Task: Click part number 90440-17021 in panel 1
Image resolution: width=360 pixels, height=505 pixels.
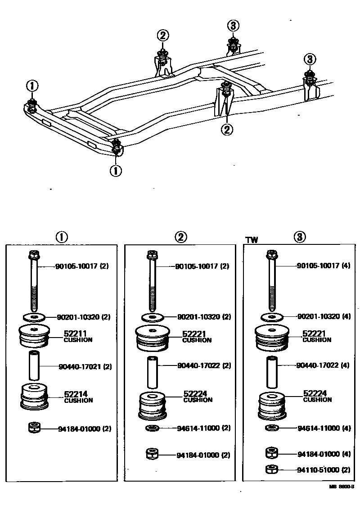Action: (78, 366)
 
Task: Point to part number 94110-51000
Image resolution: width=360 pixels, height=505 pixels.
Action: (317, 470)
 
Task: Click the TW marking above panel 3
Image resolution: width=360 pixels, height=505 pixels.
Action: (252, 240)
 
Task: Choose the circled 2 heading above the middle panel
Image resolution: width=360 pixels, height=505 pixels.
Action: (181, 237)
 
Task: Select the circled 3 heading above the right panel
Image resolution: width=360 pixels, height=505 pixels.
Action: (300, 237)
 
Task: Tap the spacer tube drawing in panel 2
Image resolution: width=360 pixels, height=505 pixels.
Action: (153, 372)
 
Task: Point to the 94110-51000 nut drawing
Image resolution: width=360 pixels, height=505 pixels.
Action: (271, 469)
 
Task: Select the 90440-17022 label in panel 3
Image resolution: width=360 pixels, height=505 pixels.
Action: (317, 365)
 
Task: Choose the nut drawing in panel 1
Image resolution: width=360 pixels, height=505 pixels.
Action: (33, 428)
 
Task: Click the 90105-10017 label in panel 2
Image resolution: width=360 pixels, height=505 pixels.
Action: (196, 266)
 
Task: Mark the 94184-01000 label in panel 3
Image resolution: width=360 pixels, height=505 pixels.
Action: (317, 454)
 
